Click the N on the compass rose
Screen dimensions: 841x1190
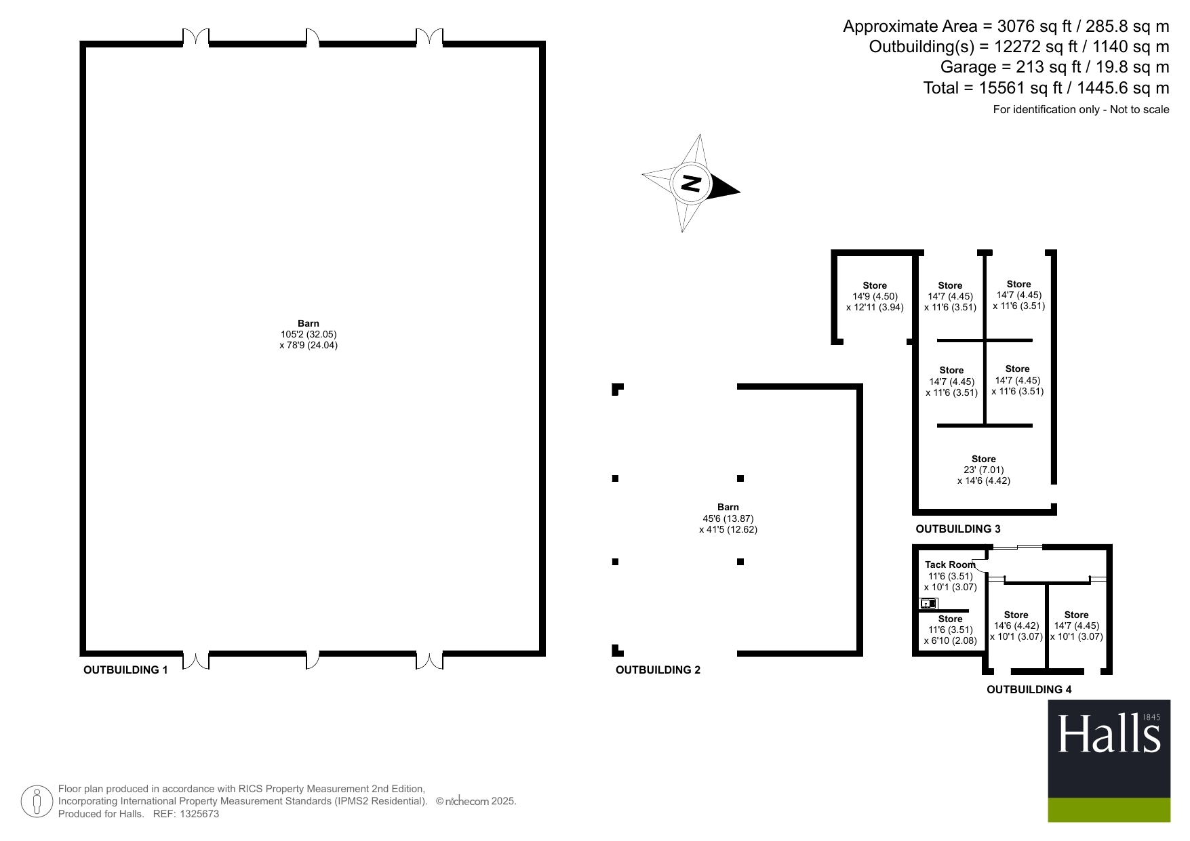point(691,183)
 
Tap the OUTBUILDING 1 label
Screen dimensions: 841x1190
point(125,670)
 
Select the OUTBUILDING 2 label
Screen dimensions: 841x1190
point(658,670)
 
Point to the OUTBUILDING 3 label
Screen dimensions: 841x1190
point(957,529)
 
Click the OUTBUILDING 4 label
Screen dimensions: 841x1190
point(1029,689)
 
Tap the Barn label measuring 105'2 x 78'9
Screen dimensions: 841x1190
point(309,323)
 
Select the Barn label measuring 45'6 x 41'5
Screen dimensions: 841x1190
point(728,507)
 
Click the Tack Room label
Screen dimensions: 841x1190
point(950,565)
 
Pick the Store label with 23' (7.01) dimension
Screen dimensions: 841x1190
point(984,459)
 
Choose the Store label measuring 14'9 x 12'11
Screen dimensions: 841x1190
point(875,285)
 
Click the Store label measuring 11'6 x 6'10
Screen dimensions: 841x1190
point(950,619)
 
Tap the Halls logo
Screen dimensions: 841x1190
point(1109,736)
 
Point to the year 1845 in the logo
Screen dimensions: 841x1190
point(1151,717)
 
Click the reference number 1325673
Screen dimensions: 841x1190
point(199,814)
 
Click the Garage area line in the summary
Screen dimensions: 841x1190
point(1054,67)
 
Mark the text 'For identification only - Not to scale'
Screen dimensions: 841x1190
point(1081,109)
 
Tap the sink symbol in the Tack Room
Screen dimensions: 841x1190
point(928,603)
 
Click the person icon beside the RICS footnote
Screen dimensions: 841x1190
point(37,802)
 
